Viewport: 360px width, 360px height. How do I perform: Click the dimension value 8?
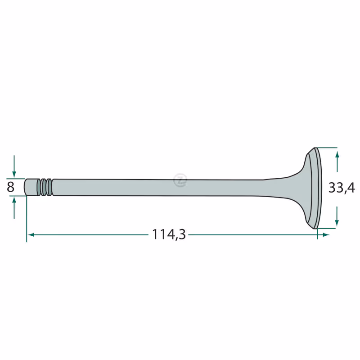pyautogui.click(x=10, y=187)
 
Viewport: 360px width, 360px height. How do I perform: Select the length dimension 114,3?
pyautogui.click(x=169, y=234)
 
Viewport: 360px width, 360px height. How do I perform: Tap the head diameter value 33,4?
pyautogui.click(x=342, y=188)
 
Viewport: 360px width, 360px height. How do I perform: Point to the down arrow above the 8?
pyautogui.click(x=14, y=166)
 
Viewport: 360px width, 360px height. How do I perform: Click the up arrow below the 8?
pyautogui.click(x=14, y=208)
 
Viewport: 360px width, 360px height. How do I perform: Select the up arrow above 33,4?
pyautogui.click(x=337, y=161)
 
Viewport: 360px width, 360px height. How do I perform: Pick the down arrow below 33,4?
pyautogui.click(x=337, y=216)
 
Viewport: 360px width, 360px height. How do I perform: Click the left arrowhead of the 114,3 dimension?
pyautogui.click(x=31, y=234)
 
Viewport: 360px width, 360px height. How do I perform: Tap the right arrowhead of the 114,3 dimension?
pyautogui.click(x=326, y=234)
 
